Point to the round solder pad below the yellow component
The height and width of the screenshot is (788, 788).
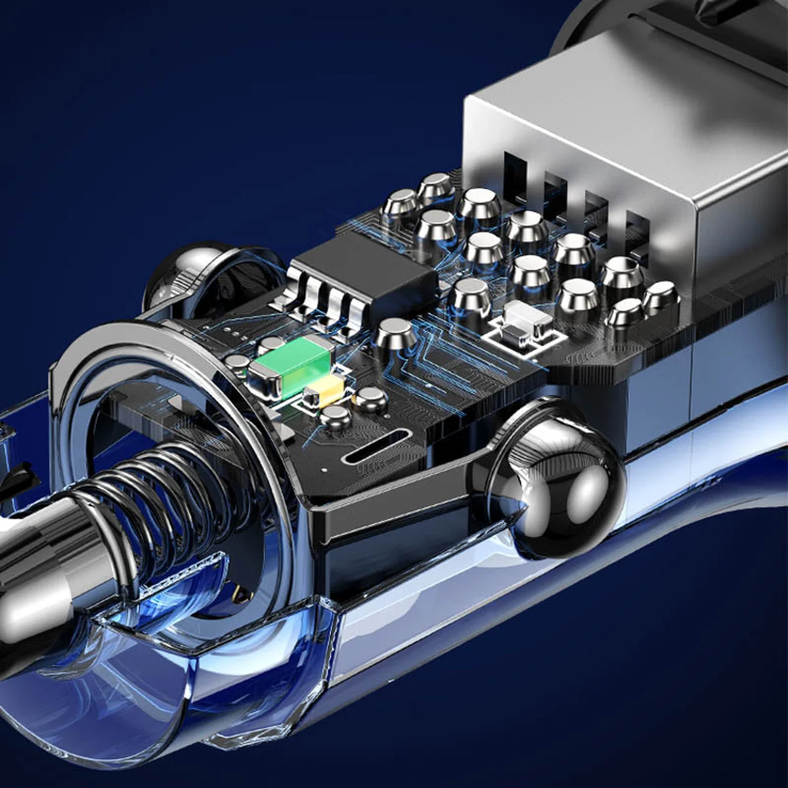pos(336,416)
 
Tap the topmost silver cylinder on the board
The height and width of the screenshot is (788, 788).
pos(435,186)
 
